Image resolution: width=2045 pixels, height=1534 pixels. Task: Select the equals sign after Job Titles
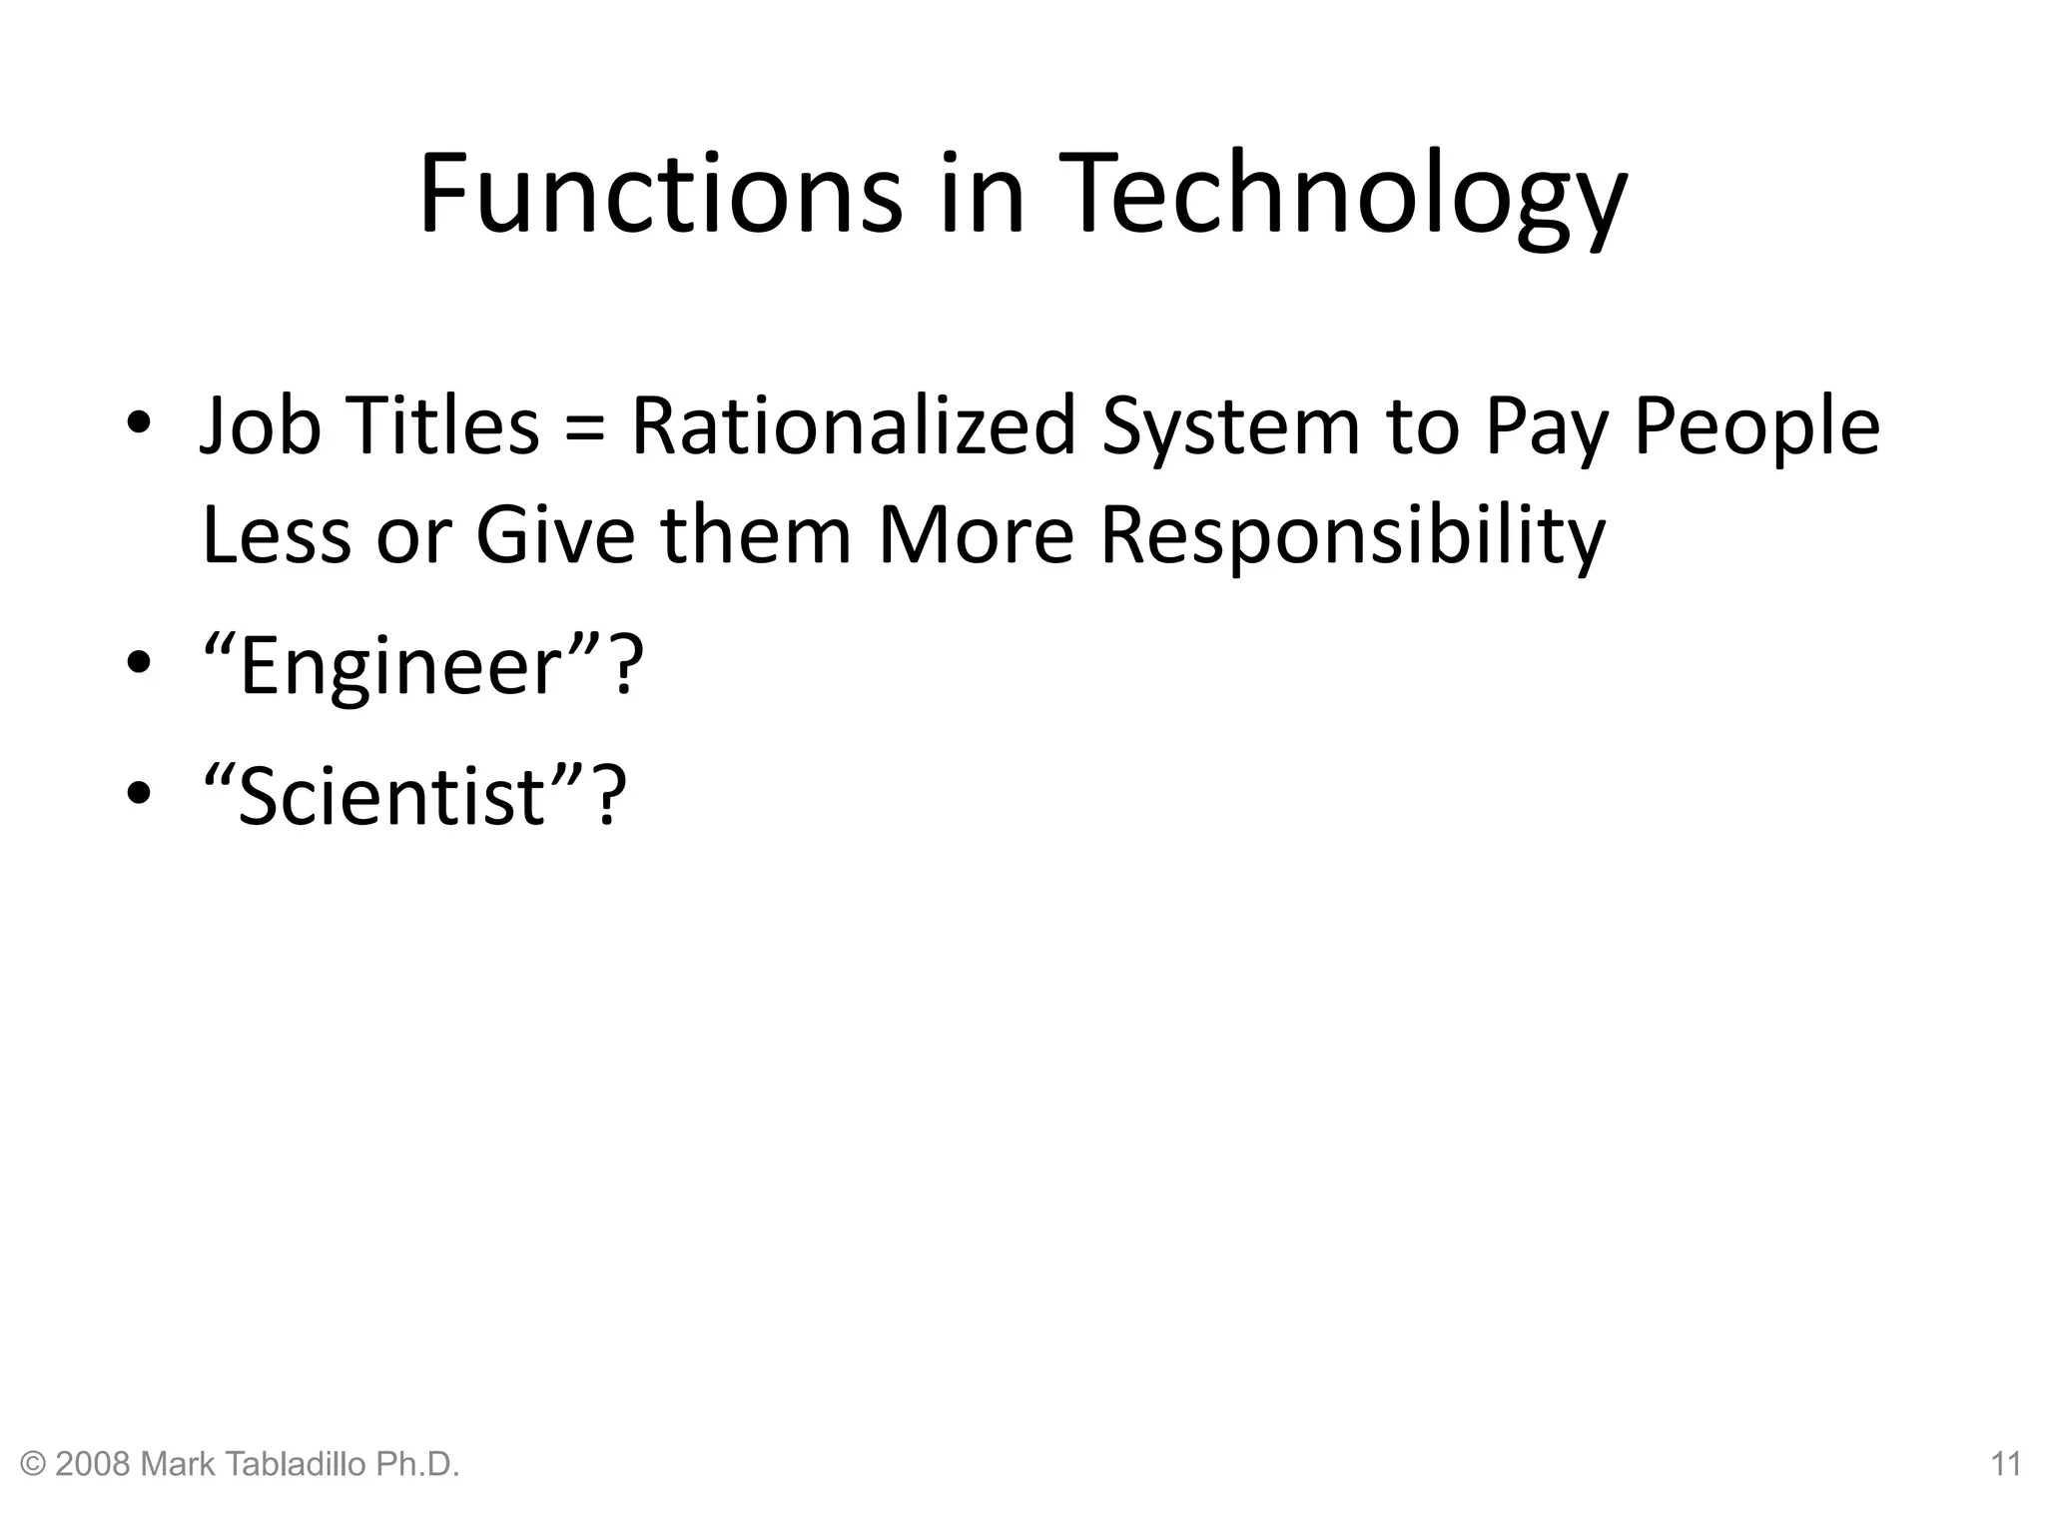(x=584, y=427)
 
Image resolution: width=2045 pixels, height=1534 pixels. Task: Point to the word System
(x=1231, y=427)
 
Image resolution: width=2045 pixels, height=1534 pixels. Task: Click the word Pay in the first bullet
(x=1545, y=427)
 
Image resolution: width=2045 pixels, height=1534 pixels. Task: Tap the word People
(x=1756, y=427)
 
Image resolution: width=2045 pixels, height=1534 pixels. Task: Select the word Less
(x=277, y=534)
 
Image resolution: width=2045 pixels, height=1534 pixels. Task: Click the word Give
(x=555, y=534)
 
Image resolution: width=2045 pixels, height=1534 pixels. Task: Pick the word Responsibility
(x=1352, y=536)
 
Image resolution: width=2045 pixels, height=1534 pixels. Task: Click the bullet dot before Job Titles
(x=139, y=421)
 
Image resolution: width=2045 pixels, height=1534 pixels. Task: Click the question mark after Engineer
(x=623, y=666)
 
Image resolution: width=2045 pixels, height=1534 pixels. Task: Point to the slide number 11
(x=2006, y=1465)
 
